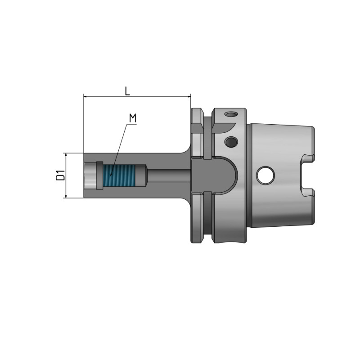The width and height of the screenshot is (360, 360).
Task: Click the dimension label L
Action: coord(127,91)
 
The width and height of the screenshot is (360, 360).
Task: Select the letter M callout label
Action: coord(132,118)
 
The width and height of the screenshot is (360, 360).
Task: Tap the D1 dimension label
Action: coord(59,175)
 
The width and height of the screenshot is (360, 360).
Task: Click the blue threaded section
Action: coord(119,176)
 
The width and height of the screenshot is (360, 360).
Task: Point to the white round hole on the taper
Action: coord(265,175)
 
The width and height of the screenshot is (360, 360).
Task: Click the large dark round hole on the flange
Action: coord(231,142)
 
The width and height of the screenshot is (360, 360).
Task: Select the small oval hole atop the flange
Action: coord(231,114)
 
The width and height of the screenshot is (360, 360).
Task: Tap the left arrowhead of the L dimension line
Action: coord(86,96)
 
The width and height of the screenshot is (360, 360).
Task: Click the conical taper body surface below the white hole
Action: coord(274,211)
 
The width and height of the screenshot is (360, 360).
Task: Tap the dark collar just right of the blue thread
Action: coord(142,176)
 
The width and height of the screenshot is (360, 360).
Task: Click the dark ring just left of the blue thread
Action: coord(100,176)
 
